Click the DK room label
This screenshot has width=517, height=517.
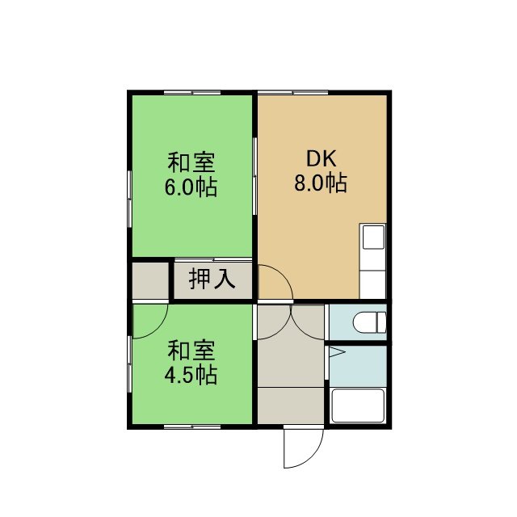coord(322,158)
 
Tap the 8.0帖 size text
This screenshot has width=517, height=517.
coord(321,183)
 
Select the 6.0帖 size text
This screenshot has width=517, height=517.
coord(191,187)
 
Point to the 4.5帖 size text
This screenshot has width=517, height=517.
coord(191,375)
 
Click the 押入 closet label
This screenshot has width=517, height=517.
coord(212,280)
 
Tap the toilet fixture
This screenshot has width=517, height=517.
coord(369,322)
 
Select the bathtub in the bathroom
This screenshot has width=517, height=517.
coord(358,406)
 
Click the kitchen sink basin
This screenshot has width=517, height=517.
coord(373,237)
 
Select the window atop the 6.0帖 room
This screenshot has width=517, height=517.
coord(192,93)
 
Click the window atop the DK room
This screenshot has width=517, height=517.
coord(292,93)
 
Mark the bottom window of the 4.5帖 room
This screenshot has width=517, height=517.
coord(192,427)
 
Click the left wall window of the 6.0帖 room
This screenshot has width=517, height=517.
coord(130,199)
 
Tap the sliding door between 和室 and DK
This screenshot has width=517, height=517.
coord(255,176)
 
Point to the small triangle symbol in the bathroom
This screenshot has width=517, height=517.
coord(337,352)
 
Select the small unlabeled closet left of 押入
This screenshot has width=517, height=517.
coord(150,280)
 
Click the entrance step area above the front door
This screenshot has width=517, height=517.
coord(291,406)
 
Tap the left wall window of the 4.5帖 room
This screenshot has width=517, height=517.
coord(130,364)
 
